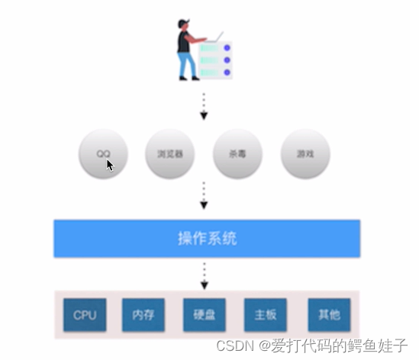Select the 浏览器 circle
(169, 153)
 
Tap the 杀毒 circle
(238, 153)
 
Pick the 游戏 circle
(305, 153)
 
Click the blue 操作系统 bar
(207, 239)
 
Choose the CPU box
(85, 314)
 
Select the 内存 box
(143, 314)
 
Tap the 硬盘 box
(204, 314)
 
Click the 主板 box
(265, 314)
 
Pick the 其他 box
(324, 314)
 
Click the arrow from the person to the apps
(204, 107)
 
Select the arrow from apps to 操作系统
(204, 195)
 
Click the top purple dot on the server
(227, 47)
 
